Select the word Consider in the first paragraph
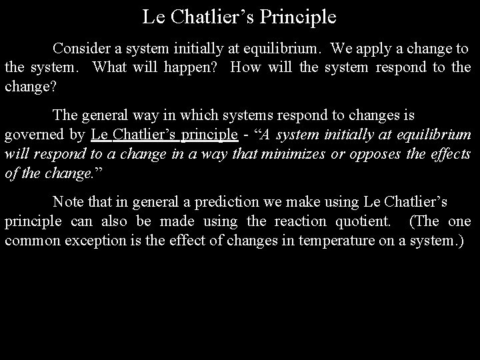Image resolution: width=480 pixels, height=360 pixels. pos(81,49)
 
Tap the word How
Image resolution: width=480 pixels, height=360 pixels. pos(246,67)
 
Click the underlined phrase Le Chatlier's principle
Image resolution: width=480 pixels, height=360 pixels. pos(165,134)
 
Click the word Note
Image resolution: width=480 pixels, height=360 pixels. pos(68,201)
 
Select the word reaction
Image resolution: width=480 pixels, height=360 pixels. pos(301,220)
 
